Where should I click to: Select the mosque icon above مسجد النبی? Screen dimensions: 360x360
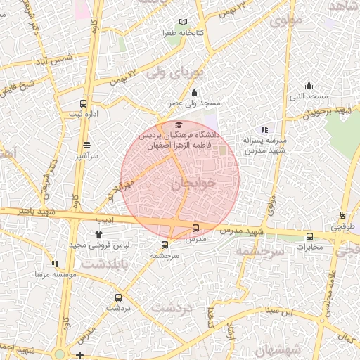point(309,84)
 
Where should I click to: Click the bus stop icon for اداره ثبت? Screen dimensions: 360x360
point(84,103)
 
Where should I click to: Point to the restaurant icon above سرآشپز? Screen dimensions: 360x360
point(86,145)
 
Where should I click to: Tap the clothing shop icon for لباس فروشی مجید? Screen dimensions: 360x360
point(98,234)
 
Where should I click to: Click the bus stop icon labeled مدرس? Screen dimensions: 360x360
point(195,228)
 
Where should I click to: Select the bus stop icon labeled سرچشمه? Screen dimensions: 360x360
point(165,245)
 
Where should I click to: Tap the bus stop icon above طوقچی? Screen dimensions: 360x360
point(342,215)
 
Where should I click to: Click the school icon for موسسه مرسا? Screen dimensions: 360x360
point(55,264)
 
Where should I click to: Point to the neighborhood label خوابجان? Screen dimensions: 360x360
point(190,184)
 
